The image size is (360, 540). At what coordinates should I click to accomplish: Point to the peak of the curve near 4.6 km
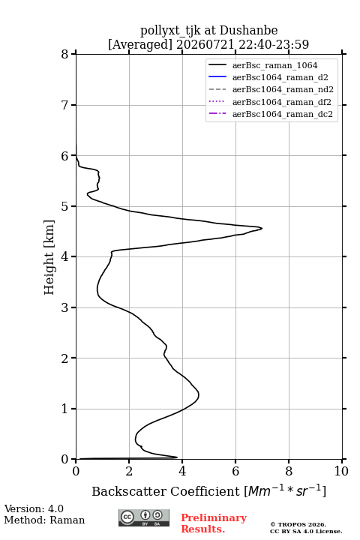(x=262, y=228)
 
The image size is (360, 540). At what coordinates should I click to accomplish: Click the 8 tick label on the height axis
(x=65, y=54)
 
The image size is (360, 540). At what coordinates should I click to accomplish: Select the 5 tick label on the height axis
(x=65, y=206)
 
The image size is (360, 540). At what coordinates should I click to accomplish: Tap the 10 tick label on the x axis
(x=341, y=471)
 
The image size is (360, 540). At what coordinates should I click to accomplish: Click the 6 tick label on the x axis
(x=235, y=471)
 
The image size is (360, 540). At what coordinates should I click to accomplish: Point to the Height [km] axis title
(x=49, y=257)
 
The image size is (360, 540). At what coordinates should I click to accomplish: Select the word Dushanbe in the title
(x=248, y=31)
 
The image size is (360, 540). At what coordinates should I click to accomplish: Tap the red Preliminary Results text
(x=214, y=523)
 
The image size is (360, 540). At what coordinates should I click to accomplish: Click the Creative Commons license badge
(x=144, y=517)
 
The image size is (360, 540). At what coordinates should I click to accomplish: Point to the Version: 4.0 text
(x=34, y=508)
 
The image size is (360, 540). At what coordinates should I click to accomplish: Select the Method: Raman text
(x=44, y=520)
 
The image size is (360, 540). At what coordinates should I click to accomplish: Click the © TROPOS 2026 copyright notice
(x=298, y=524)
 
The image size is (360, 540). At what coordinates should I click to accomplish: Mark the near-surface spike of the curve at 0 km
(x=177, y=457)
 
